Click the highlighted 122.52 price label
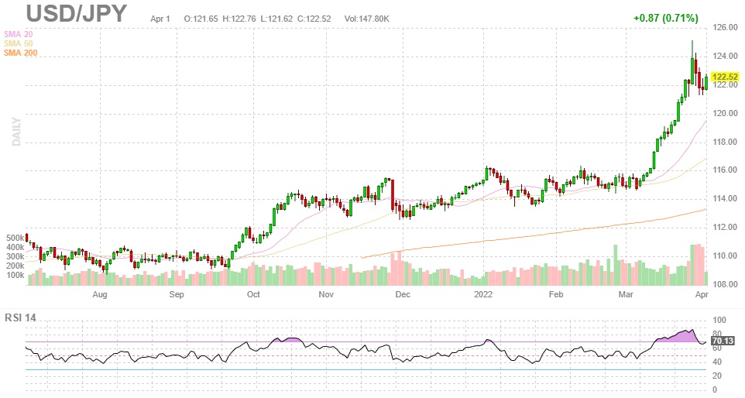(x=727, y=77)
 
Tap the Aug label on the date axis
(x=99, y=295)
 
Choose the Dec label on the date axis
(x=401, y=295)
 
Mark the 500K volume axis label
(x=14, y=238)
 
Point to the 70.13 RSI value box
(x=723, y=340)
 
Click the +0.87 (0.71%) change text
(x=665, y=18)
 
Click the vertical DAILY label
(x=15, y=131)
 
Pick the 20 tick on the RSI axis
(x=719, y=376)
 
